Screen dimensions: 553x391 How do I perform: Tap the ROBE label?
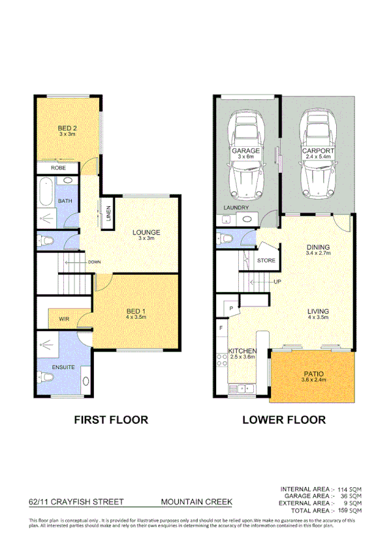coord(59,168)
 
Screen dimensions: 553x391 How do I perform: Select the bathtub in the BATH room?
coord(45,192)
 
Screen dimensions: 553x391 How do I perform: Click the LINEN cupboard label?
coord(108,214)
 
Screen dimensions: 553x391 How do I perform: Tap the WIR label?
coord(64,319)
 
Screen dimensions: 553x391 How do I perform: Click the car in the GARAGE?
coord(247,157)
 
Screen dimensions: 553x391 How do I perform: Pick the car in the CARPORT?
coord(318,157)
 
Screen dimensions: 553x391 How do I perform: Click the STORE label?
coord(266,261)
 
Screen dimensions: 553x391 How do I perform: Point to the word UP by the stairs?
coord(277,282)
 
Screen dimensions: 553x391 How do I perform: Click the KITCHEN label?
coord(242,351)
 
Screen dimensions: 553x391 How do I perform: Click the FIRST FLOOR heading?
coord(110,419)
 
